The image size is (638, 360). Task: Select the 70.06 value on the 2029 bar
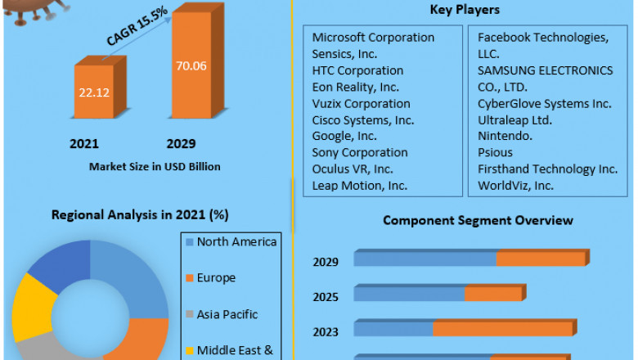pyautogui.click(x=190, y=66)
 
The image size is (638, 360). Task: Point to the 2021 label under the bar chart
pyautogui.click(x=84, y=144)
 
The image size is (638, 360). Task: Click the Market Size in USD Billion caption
pyautogui.click(x=155, y=167)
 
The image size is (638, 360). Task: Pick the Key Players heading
pyautogui.click(x=465, y=10)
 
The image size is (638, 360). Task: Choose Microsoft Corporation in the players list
pyautogui.click(x=373, y=38)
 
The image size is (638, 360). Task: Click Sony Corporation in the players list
pyautogui.click(x=360, y=152)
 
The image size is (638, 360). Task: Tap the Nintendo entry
pyautogui.click(x=505, y=136)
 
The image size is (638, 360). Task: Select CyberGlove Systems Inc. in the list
pyautogui.click(x=544, y=103)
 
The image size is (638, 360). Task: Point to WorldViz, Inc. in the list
pyautogui.click(x=515, y=185)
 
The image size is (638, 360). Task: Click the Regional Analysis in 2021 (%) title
pyautogui.click(x=140, y=215)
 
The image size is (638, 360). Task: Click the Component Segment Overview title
pyautogui.click(x=478, y=220)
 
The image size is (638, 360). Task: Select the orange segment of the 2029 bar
pyautogui.click(x=541, y=259)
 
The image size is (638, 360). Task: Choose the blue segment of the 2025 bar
pyautogui.click(x=409, y=293)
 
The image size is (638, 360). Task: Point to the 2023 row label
pyautogui.click(x=326, y=331)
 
